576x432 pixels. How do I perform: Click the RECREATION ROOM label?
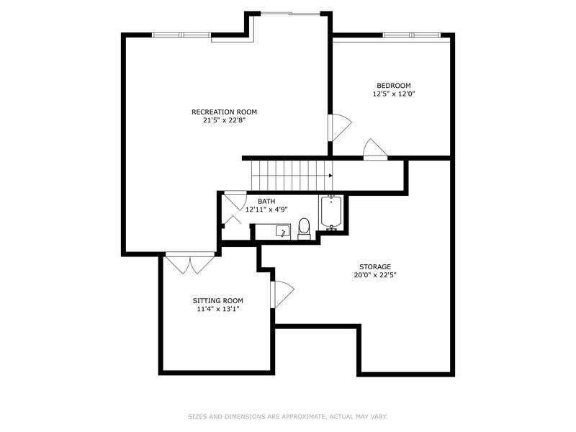pyautogui.click(x=224, y=112)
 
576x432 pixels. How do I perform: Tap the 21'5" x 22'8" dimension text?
pyautogui.click(x=224, y=121)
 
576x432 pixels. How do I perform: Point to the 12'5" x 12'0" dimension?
pyautogui.click(x=395, y=94)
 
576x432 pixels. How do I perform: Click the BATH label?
pyautogui.click(x=266, y=201)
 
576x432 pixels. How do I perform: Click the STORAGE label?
pyautogui.click(x=375, y=266)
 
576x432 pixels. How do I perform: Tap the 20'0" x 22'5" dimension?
pyautogui.click(x=375, y=275)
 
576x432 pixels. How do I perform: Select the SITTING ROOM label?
pyautogui.click(x=217, y=300)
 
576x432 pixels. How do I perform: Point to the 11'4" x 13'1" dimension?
pyautogui.click(x=217, y=310)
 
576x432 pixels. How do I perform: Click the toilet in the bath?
pyautogui.click(x=304, y=227)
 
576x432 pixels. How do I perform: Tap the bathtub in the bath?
pyautogui.click(x=331, y=212)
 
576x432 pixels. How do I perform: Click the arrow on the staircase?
pyautogui.click(x=330, y=175)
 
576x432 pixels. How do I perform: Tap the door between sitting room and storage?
pyautogui.click(x=282, y=294)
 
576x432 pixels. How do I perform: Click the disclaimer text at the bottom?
pyautogui.click(x=287, y=415)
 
